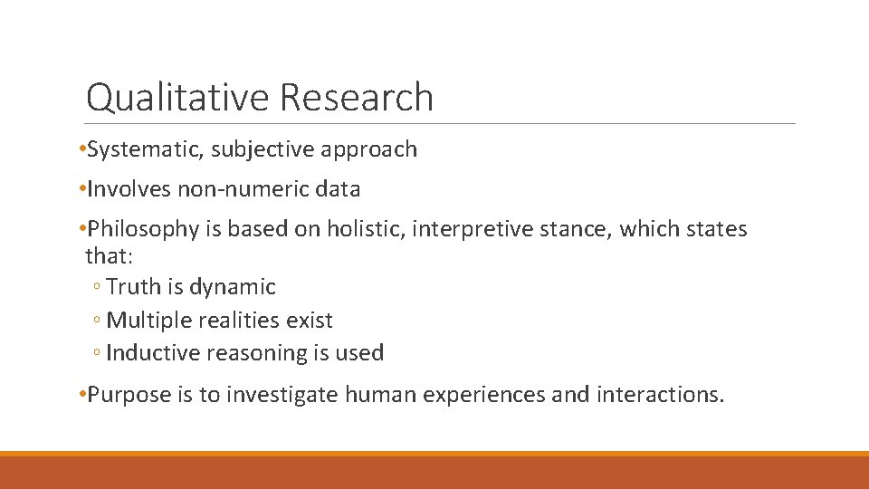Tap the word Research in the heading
click(x=358, y=97)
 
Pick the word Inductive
click(x=147, y=353)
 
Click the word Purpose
click(x=127, y=396)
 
